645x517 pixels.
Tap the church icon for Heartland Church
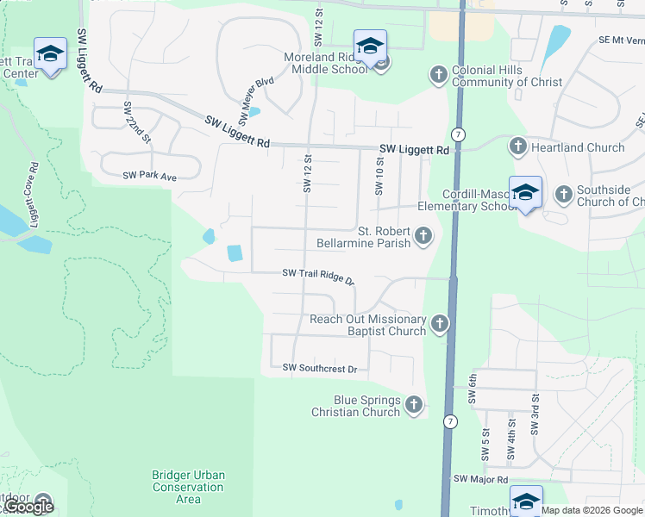coord(518,147)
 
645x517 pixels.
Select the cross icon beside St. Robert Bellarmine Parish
coord(423,235)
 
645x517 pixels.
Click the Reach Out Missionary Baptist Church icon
coord(440,325)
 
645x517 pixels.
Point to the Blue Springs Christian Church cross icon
coord(414,405)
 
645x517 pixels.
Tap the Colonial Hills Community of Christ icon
coord(438,76)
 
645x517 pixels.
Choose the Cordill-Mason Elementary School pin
coord(525,192)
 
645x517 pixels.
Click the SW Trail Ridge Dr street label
coord(319,276)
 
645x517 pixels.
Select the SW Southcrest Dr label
coord(320,369)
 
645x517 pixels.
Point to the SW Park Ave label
coord(149,176)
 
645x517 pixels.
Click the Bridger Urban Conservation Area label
coord(188,487)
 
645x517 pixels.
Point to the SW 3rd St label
coord(535,414)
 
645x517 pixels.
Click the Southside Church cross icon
coord(563,192)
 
